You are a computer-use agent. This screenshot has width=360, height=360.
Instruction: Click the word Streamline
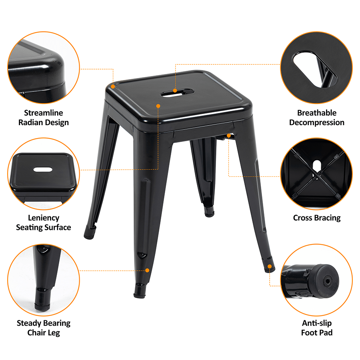pos(43,113)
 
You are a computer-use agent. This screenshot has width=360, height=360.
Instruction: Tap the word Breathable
pos(317,113)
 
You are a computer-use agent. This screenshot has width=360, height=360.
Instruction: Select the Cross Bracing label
pos(317,218)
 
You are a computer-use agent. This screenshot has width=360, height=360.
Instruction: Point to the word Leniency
pos(43,218)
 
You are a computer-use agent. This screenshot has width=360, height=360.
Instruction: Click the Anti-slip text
pos(317,323)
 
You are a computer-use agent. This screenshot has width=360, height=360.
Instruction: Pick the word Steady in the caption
pos(29,323)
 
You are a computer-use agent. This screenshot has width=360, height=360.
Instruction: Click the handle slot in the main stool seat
pos(177,92)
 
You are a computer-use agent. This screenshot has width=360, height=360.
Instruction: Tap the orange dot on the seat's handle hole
pos(175,91)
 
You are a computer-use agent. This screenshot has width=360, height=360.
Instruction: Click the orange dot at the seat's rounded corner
pos(113,86)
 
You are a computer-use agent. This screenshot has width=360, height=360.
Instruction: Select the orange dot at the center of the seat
pos(158,106)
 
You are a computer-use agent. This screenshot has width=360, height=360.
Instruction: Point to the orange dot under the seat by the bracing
pos(229,136)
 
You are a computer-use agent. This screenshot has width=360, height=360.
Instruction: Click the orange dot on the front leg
pos(147,270)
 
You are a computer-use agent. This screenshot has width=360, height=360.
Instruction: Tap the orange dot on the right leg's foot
pos(270,266)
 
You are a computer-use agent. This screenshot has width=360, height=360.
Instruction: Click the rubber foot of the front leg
pos(140,291)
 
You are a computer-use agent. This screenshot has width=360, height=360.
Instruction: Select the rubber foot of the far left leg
pos(90,232)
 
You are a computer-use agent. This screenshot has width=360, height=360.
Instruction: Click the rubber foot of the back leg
pos(209,212)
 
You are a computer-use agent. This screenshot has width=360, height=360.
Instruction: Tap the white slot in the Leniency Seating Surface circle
pos(43,170)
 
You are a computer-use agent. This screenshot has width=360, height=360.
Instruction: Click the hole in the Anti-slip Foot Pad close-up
pos(327,281)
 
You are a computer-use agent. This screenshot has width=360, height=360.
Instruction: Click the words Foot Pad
pos(317,333)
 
